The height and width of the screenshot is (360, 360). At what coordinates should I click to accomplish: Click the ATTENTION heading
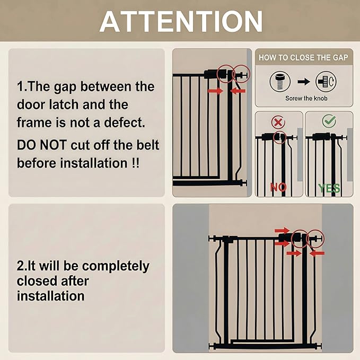(181, 21)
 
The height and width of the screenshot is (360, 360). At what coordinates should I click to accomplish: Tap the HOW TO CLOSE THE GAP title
(303, 57)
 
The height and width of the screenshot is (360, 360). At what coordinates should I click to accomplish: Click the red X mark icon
(278, 122)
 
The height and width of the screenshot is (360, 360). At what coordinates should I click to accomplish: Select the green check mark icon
(329, 121)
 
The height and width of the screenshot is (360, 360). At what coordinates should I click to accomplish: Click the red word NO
(278, 187)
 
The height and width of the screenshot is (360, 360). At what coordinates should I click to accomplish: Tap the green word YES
(329, 188)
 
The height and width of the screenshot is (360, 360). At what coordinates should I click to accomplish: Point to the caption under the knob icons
(306, 98)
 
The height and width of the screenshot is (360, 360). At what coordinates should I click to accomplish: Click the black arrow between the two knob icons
(304, 82)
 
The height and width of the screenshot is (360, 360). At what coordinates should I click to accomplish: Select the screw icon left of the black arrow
(280, 82)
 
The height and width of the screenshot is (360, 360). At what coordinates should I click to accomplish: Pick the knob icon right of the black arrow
(326, 82)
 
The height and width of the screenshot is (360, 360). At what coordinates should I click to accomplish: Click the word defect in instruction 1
(125, 122)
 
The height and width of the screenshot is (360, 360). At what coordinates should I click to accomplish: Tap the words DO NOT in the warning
(42, 145)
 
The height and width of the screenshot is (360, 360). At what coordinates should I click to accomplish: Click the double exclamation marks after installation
(135, 163)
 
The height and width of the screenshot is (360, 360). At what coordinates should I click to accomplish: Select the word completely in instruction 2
(116, 267)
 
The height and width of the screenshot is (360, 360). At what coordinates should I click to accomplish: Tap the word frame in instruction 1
(34, 122)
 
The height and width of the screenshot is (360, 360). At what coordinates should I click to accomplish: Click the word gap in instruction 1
(65, 87)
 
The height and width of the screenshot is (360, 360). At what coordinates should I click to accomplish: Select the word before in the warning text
(37, 163)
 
